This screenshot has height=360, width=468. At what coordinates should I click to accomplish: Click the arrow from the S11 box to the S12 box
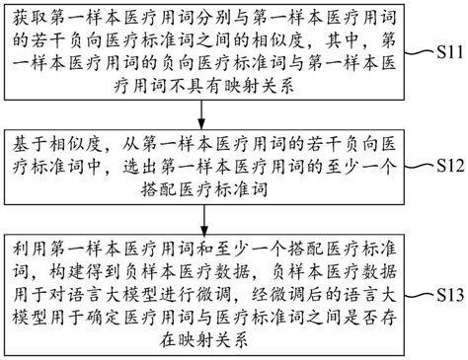[x=203, y=111]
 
